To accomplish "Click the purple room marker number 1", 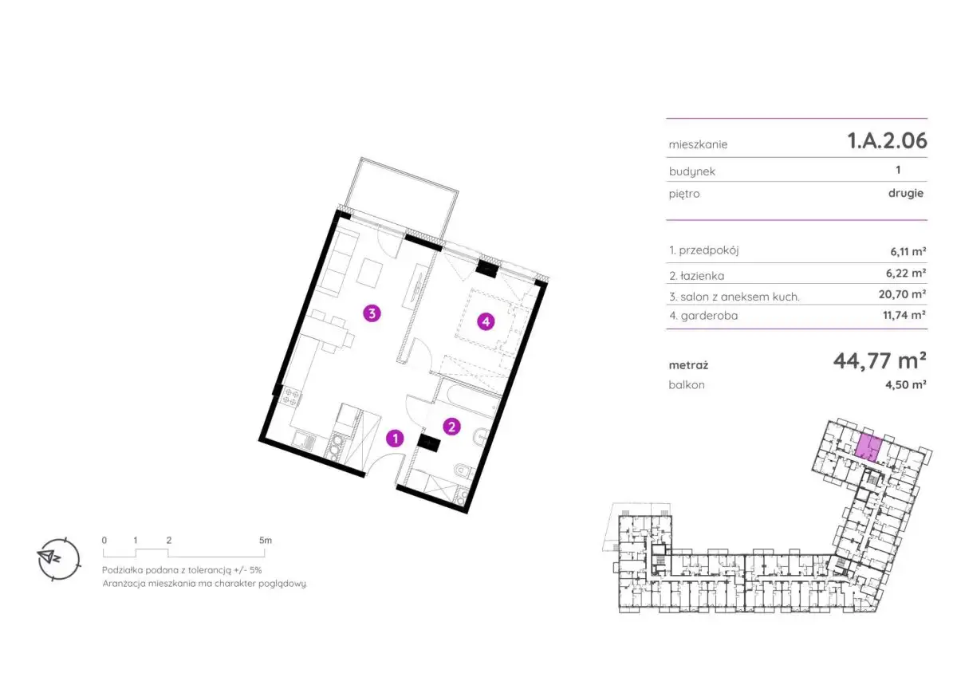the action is (396, 439).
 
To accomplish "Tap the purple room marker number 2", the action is (451, 427).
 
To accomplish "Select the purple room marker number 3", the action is (372, 313).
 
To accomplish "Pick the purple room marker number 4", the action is (486, 321).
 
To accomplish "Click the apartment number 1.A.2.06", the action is (888, 140).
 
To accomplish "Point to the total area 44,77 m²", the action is (880, 361).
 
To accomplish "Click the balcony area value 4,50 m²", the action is (906, 384).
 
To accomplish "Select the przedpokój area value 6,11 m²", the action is (908, 251).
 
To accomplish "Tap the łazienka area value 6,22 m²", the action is (906, 273).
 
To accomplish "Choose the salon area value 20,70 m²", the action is (902, 294).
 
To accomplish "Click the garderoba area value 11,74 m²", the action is (904, 315).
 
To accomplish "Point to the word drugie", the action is (906, 193).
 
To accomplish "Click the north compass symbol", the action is (58, 559).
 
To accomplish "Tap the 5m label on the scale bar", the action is (266, 541).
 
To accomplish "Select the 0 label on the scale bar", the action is (104, 541).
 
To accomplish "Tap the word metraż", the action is (688, 365).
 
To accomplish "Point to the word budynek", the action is (692, 171).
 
